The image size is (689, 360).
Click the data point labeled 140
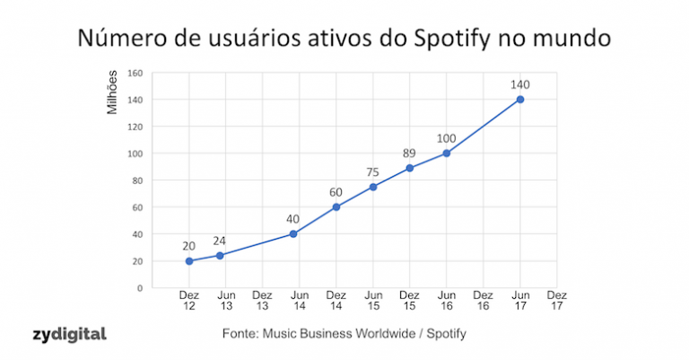click(520, 100)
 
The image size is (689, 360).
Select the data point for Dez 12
click(189, 261)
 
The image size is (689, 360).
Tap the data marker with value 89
click(409, 168)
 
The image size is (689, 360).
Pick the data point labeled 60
click(336, 207)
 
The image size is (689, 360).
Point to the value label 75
click(373, 172)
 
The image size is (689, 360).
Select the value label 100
click(447, 138)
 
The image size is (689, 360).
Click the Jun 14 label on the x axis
click(300, 301)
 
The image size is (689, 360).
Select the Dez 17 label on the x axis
click(556, 301)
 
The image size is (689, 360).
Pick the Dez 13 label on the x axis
click(262, 301)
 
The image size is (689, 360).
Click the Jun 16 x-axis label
click(446, 301)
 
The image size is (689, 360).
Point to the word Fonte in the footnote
click(240, 334)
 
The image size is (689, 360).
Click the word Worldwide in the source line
click(388, 334)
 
